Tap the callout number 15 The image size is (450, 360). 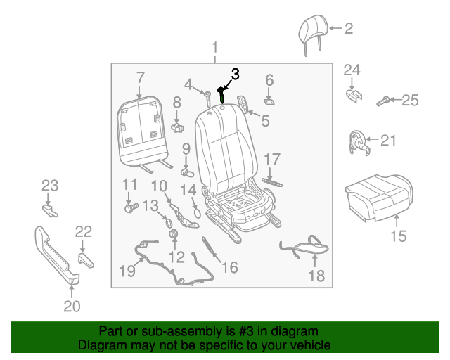click(x=398, y=236)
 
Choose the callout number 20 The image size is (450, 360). click(x=72, y=306)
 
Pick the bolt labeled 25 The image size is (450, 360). click(x=382, y=101)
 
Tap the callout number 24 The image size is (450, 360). click(x=352, y=70)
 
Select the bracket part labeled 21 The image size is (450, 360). click(x=359, y=141)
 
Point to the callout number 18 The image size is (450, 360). click(x=317, y=276)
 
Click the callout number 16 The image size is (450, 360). click(x=229, y=267)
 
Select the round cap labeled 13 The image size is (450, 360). click(x=169, y=224)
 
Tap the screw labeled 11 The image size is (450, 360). click(x=129, y=207)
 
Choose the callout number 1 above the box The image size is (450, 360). click(x=215, y=49)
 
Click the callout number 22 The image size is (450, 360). click(x=83, y=231)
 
